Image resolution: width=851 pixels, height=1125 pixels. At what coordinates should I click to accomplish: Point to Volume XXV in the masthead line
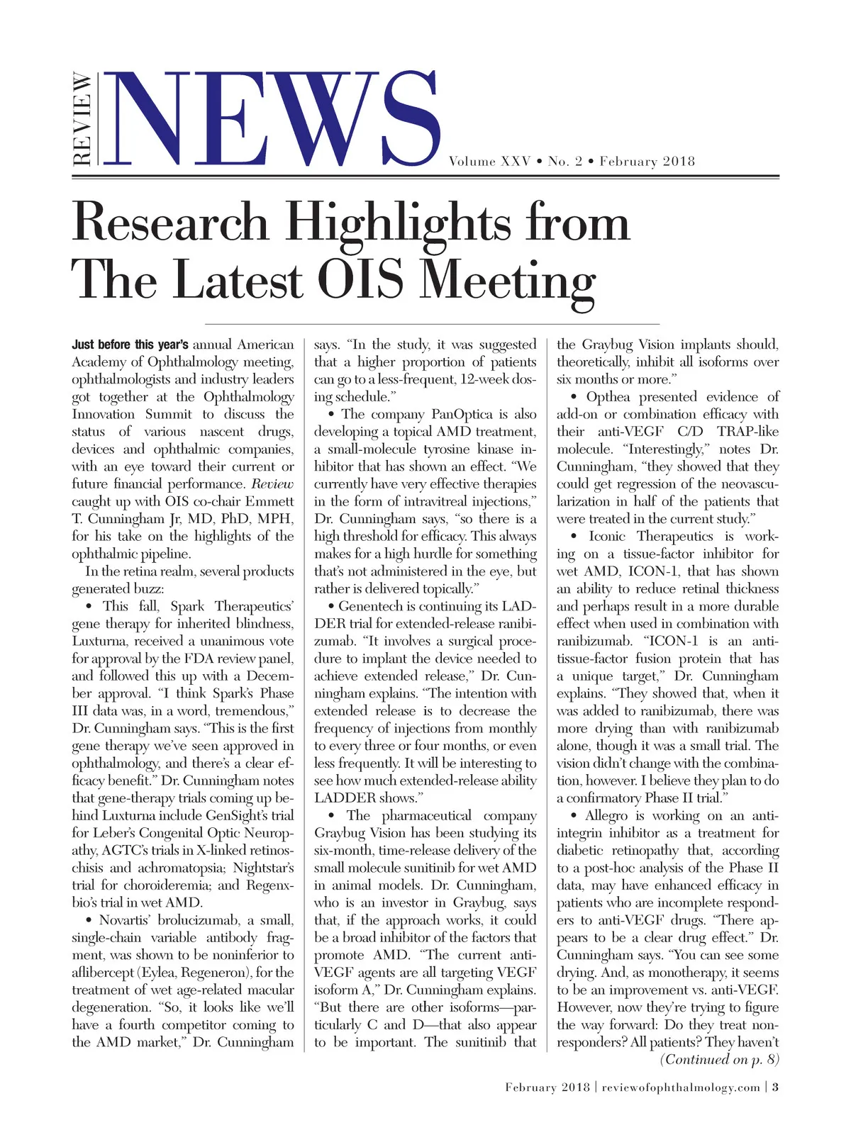(x=489, y=162)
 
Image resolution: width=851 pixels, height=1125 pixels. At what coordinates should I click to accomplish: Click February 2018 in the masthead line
(x=647, y=162)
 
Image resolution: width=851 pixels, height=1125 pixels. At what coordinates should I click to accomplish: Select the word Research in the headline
(x=170, y=222)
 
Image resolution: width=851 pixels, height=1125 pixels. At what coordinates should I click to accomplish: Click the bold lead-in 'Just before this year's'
(x=130, y=345)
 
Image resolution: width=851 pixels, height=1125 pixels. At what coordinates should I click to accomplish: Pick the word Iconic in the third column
(x=608, y=537)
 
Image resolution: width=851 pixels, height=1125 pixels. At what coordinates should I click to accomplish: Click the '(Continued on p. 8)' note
(x=719, y=1060)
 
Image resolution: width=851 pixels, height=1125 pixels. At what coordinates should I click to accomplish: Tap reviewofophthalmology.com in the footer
(x=681, y=1087)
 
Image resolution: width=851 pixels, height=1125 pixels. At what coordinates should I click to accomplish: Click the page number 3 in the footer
(x=776, y=1087)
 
